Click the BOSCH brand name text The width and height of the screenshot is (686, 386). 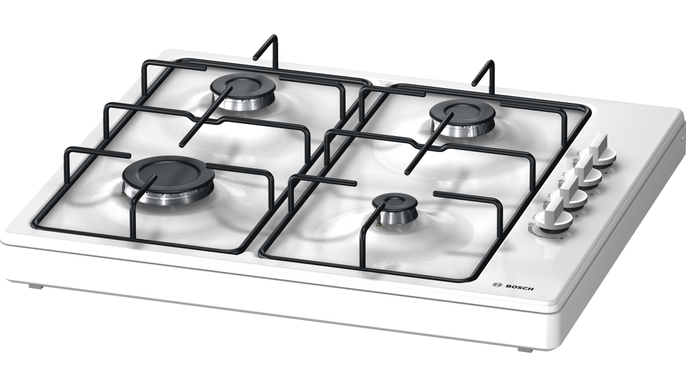(x=520, y=287)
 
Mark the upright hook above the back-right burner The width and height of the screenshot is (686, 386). (x=484, y=72)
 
